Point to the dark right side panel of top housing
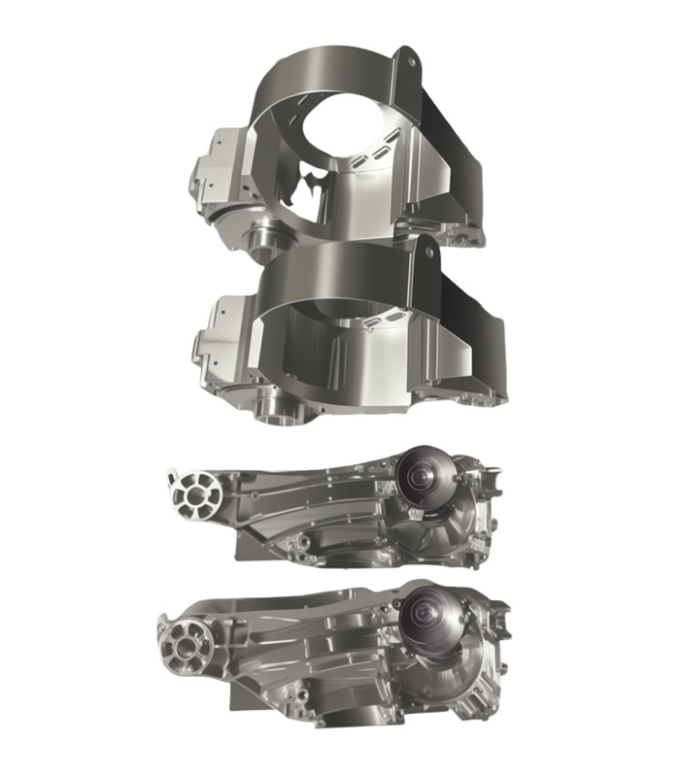click(457, 165)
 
